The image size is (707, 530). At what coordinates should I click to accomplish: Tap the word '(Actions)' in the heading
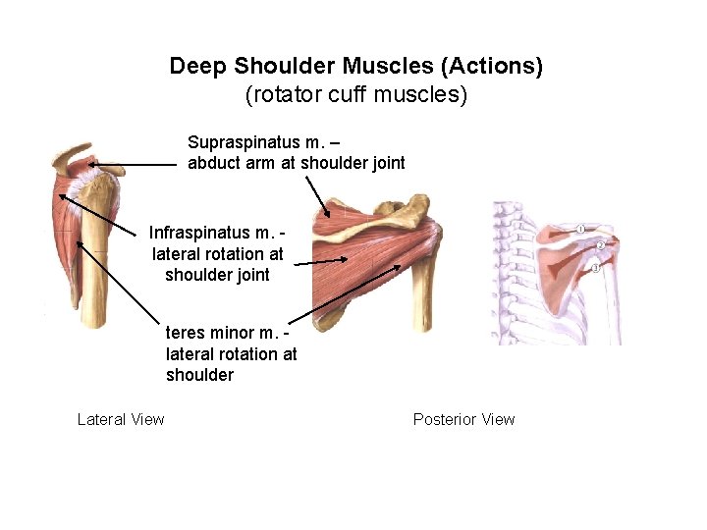pyautogui.click(x=491, y=67)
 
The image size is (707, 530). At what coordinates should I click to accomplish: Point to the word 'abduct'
pyautogui.click(x=214, y=163)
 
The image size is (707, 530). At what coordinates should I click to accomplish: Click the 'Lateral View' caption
pyautogui.click(x=121, y=420)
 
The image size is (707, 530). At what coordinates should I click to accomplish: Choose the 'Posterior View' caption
pyautogui.click(x=463, y=420)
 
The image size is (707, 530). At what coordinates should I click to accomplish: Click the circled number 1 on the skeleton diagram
pyautogui.click(x=580, y=229)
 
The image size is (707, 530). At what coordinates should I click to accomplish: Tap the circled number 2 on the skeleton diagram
pyautogui.click(x=600, y=244)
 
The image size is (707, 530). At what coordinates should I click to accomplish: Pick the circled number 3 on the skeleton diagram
pyautogui.click(x=594, y=268)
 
